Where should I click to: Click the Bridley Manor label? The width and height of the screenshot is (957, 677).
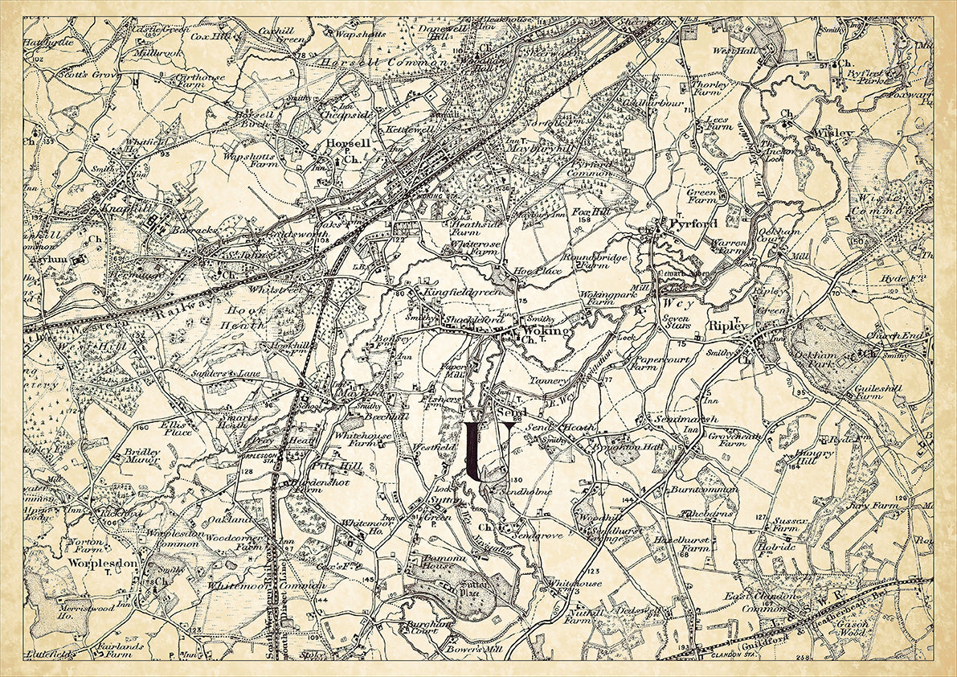[142, 456]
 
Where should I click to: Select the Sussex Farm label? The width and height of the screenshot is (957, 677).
[790, 525]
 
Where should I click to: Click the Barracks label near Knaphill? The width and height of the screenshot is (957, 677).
[195, 229]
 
